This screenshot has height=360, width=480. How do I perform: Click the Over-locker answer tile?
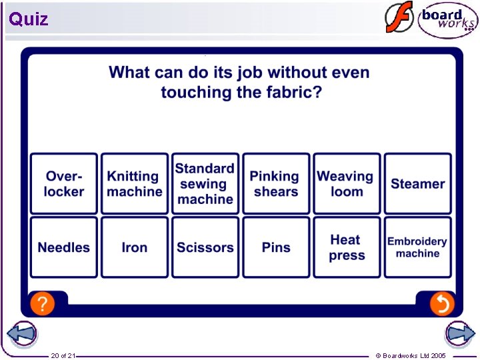(64, 184)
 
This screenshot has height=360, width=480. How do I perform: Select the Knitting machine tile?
(135, 184)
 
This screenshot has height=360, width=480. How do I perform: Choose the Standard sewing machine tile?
(205, 184)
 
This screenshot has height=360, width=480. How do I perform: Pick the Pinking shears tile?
(276, 184)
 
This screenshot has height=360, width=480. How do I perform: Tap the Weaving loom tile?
(347, 184)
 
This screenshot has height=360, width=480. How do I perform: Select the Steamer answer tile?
(417, 184)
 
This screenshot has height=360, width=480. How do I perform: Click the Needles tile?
(64, 247)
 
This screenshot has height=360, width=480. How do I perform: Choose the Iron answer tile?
(135, 247)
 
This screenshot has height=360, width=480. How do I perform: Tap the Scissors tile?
(205, 247)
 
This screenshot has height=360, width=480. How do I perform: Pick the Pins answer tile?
(276, 247)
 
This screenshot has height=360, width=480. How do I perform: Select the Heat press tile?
(347, 247)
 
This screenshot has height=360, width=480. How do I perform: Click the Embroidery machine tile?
(417, 247)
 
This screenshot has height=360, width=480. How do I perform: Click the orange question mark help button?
(43, 304)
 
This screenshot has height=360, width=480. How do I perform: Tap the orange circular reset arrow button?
(441, 304)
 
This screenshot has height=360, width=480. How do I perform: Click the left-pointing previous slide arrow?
(22, 334)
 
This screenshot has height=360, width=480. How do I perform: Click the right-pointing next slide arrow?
(459, 334)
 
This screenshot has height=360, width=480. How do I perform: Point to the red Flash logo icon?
(399, 18)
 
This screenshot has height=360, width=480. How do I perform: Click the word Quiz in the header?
(29, 19)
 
